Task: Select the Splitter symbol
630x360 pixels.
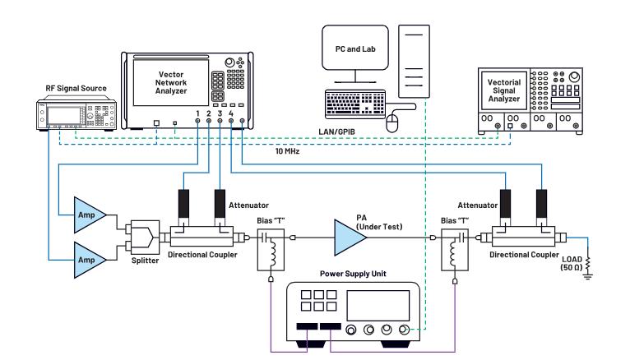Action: click(142, 238)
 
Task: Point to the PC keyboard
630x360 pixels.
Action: click(355, 104)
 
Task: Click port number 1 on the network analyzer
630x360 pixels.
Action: click(198, 113)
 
